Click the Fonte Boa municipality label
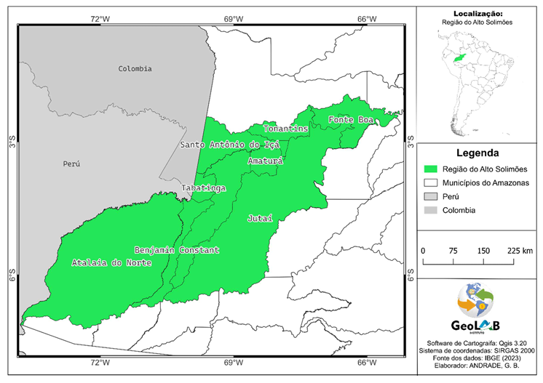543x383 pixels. tap(351, 119)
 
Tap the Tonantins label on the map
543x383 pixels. tap(285, 129)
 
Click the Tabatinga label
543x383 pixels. tap(203, 188)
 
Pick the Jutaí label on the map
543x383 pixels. tap(260, 218)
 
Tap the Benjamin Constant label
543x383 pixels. tap(176, 250)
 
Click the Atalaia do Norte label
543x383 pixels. tap(111, 262)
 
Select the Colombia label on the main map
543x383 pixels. tap(135, 68)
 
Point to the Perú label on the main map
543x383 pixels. tap(71, 164)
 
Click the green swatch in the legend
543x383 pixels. tap(432, 169)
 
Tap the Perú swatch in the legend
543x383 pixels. tap(432, 196)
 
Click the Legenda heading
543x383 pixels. tap(477, 153)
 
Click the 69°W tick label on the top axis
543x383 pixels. tap(232, 18)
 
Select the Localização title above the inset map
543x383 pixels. tap(477, 13)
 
